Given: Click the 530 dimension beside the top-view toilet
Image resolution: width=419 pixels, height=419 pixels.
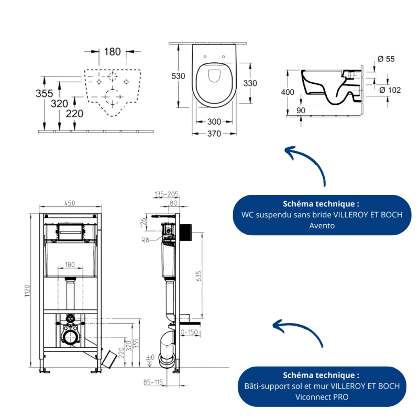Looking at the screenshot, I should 179,76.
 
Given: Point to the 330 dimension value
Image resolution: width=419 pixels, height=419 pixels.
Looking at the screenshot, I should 250,83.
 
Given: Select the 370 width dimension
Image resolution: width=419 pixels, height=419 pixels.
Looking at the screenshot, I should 214,134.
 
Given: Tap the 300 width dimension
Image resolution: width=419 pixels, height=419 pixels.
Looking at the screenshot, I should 214,122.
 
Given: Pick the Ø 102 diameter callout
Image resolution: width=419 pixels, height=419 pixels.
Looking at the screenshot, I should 390,90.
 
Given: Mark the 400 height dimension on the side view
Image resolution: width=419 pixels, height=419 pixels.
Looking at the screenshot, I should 288,93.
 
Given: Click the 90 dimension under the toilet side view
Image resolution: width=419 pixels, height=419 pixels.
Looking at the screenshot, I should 301,111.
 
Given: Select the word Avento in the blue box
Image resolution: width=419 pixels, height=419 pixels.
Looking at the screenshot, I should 322,226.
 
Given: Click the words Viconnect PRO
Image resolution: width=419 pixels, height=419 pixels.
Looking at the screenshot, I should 322,396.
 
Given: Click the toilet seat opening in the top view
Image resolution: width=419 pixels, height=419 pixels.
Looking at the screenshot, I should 214,76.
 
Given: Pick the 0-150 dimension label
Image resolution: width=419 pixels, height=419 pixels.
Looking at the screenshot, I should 188,332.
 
